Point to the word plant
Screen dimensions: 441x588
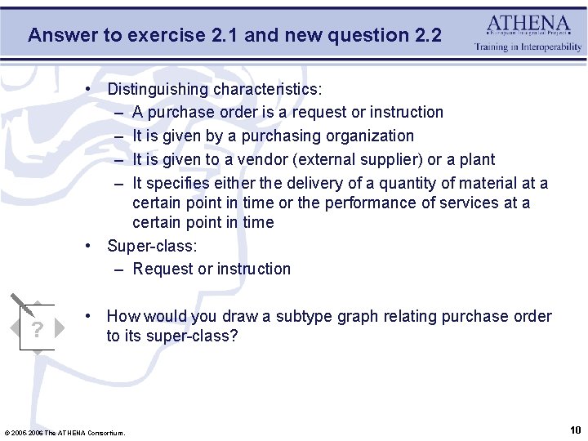475,159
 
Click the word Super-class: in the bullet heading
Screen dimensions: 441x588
153,245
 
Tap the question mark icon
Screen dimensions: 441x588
36,328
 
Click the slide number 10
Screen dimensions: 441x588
575,430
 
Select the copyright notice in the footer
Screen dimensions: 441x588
65,432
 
